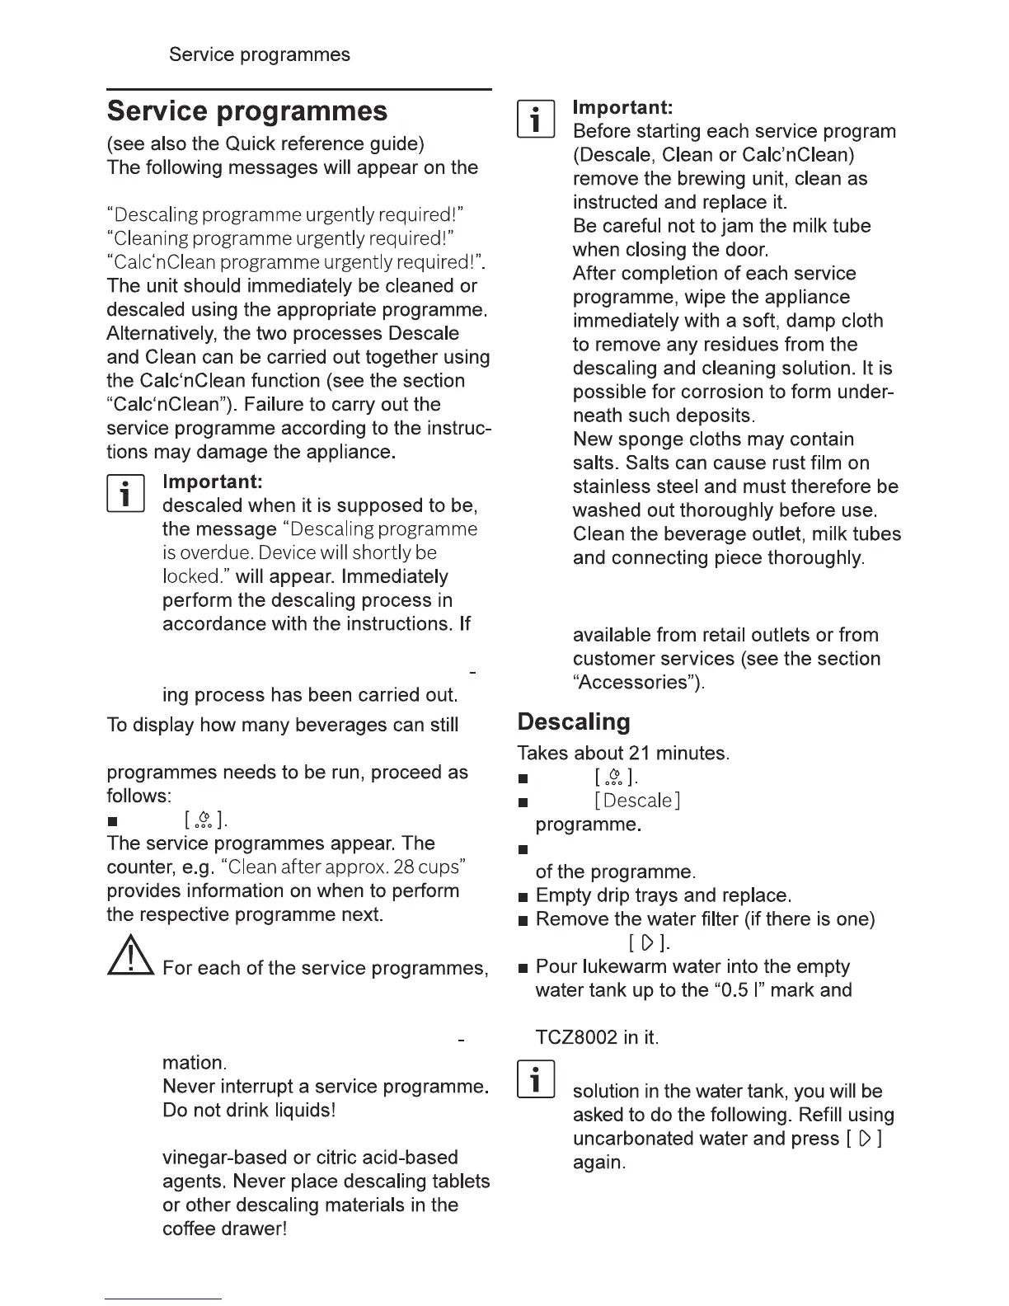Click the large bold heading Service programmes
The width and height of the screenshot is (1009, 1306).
coord(246,111)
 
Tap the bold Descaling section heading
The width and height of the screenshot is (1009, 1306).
coord(574,722)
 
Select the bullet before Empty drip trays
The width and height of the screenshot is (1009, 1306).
coord(522,896)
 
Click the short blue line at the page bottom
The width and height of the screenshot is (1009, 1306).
coord(163,1299)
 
